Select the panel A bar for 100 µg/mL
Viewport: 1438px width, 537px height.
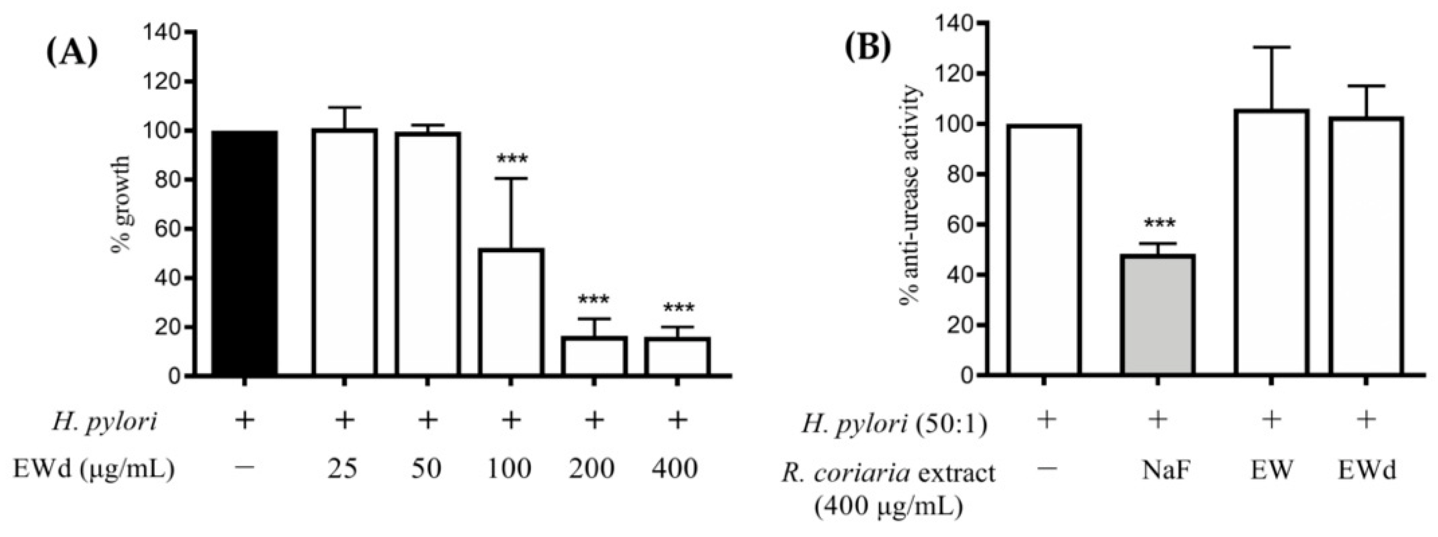(510, 312)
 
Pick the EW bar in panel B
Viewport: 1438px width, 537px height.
(1271, 242)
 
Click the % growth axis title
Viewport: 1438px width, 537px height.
(122, 205)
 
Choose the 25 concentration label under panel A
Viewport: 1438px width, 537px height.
(343, 469)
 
